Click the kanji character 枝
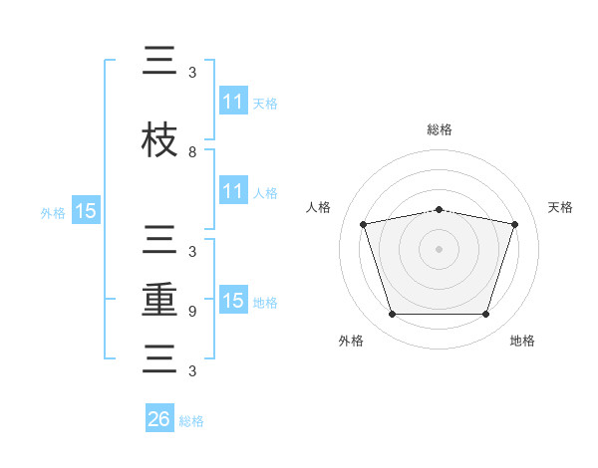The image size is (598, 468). coord(159,139)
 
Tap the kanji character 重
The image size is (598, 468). coord(159,301)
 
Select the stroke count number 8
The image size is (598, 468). coord(192,152)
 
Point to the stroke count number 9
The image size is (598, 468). coord(192,312)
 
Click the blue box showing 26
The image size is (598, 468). coord(159,419)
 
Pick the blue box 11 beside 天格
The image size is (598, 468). coord(233,102)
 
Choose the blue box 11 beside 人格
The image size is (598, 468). coord(233,191)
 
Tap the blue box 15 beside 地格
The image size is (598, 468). coord(233,301)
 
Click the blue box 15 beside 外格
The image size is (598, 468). coord(86,211)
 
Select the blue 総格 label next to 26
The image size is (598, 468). coord(192,421)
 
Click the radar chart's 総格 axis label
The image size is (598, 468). coord(440,130)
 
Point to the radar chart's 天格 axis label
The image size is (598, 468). coord(561,207)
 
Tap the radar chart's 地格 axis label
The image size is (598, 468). coord(522,342)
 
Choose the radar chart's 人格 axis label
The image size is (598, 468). coord(319,207)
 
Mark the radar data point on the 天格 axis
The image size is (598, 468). coord(514,224)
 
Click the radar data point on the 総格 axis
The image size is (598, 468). coord(440,209)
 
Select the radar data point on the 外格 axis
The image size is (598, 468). coord(392,315)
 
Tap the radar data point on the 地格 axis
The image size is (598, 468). coord(485,315)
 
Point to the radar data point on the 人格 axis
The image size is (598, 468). coord(364,224)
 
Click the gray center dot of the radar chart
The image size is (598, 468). coord(440,249)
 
